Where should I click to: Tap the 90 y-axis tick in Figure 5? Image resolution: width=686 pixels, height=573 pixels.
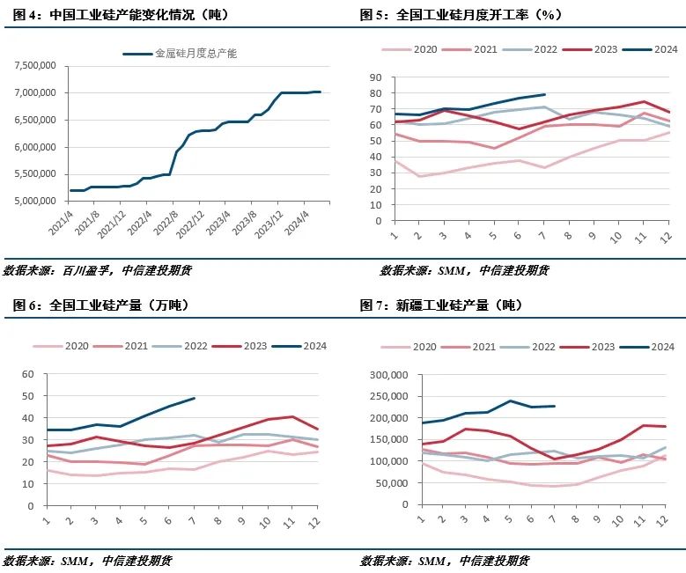(x=374, y=77)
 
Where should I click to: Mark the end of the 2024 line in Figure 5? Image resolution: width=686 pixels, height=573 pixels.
(x=545, y=94)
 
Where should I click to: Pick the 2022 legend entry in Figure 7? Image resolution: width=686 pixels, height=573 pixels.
(x=545, y=347)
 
